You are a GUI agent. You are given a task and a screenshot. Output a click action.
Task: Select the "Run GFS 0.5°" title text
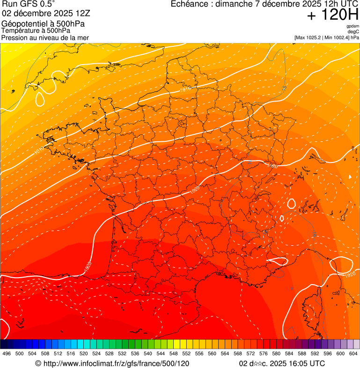click(x=28, y=5)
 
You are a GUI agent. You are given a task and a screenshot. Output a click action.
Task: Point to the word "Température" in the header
click(x=20, y=30)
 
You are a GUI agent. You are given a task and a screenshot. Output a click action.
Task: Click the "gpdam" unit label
click(x=353, y=26)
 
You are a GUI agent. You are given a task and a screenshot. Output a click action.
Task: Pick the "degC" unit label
click(x=353, y=31)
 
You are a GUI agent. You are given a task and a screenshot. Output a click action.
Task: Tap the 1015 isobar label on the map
click(x=187, y=89)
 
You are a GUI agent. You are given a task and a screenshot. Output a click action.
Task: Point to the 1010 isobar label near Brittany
click(x=39, y=150)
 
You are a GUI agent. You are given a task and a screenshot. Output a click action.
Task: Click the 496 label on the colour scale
click(x=7, y=353)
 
